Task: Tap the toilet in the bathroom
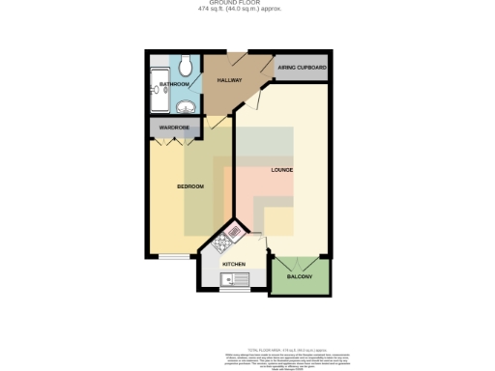(x=186, y=67)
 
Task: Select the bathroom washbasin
(x=186, y=107)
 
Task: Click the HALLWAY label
(x=228, y=80)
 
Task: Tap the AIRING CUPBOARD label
(x=302, y=69)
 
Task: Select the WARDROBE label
(x=173, y=128)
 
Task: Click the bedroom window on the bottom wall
(x=173, y=257)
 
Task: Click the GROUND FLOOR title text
(x=247, y=4)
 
